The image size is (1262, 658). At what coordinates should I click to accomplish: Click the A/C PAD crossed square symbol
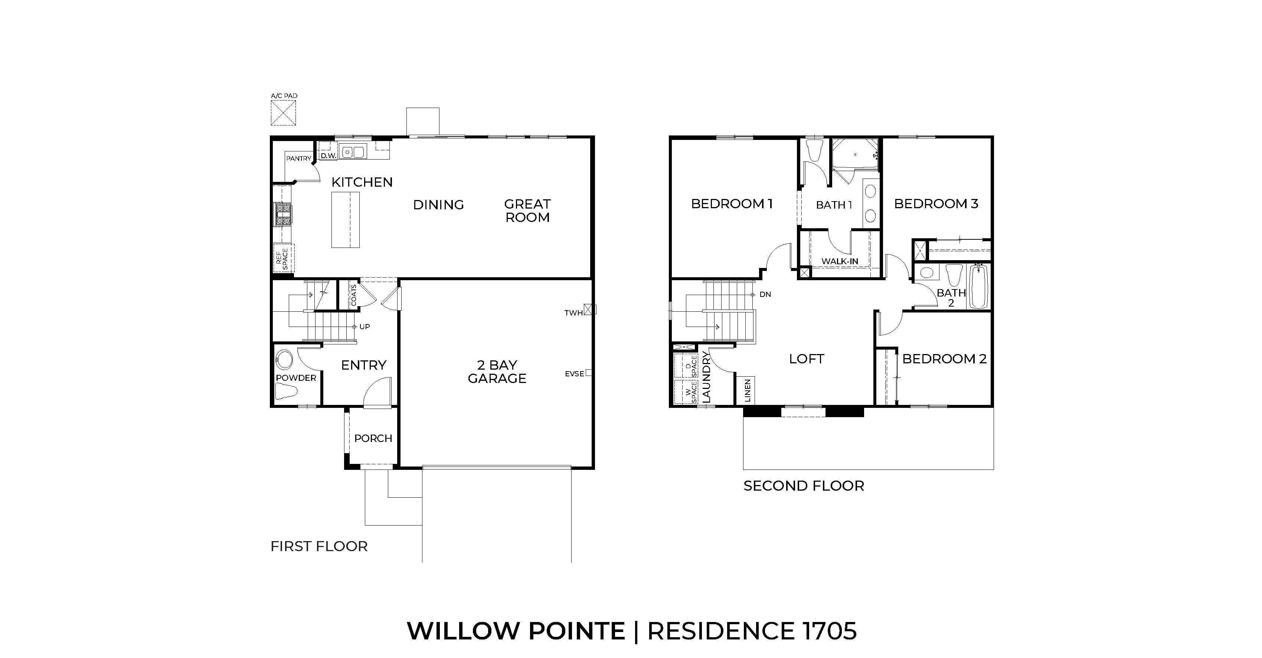point(283,113)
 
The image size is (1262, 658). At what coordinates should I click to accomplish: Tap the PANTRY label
point(298,158)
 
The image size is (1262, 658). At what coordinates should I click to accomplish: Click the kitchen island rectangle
point(346,219)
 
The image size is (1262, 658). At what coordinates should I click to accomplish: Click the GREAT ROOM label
point(527,211)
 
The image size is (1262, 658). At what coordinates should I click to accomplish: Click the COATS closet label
point(354,295)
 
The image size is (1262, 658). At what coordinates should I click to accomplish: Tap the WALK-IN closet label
point(839,261)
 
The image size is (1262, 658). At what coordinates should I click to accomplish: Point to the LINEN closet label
point(748,390)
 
